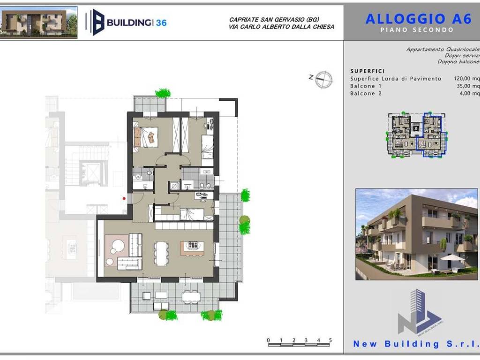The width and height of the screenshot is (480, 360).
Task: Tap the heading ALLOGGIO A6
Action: pos(419,19)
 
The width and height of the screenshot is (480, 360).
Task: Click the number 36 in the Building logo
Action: pos(161,23)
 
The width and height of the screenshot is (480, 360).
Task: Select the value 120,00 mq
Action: pos(466,79)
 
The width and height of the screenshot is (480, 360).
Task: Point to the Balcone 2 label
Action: pos(366,93)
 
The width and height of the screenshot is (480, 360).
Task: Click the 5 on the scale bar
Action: pos(330,340)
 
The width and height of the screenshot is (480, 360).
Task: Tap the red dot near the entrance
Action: pos(124,198)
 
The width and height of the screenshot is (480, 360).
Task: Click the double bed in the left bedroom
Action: pos(146,137)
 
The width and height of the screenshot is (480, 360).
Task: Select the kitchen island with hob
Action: pos(192,248)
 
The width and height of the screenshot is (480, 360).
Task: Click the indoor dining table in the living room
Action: pos(161,253)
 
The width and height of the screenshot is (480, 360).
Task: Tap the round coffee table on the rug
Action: pos(118,246)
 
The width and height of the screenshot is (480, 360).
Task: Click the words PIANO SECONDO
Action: pos(417,30)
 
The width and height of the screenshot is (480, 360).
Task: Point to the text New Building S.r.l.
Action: pos(416,344)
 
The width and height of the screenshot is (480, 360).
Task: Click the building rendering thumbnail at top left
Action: pos(38,22)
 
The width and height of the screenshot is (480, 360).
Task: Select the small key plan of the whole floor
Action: pos(416,135)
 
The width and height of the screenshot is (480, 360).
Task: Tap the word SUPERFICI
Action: pos(367,71)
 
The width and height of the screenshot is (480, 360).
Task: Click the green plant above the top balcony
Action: pos(163,93)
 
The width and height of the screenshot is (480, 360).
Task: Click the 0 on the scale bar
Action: pos(269,340)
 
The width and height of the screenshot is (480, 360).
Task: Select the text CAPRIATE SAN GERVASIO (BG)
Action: pos(274,20)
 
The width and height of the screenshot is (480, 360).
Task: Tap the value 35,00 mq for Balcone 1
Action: pos(468,86)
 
